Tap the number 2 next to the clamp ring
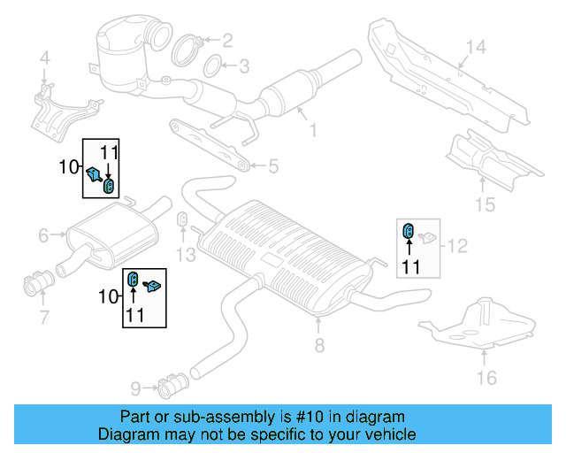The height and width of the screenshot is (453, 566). tap(227, 40)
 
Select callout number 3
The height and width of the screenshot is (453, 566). tap(244, 65)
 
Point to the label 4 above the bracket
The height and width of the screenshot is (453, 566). tap(44, 60)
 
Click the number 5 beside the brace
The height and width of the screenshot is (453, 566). tap(273, 165)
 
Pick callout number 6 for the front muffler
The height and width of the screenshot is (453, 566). tap(43, 235)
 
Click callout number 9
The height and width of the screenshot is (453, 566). tap(134, 387)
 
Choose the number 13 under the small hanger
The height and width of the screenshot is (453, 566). tap(183, 255)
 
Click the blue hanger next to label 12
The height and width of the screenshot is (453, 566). tap(409, 232)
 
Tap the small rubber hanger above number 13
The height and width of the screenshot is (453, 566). tap(182, 219)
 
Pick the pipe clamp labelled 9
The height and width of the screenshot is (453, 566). tap(169, 385)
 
